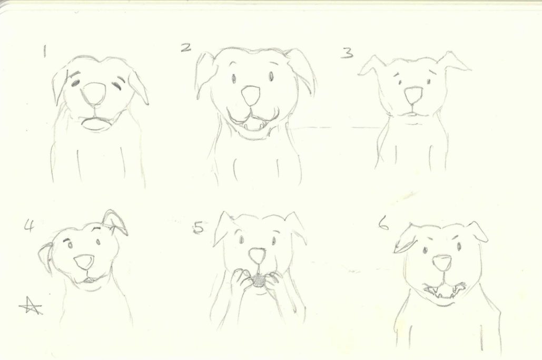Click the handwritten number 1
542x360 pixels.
pos(44,51)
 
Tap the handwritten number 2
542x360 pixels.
pos(186,47)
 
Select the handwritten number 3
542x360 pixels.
pos(347,53)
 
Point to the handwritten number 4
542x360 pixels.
pos(29,226)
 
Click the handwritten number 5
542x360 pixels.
pos(199,228)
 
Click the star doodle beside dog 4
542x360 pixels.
pos(31,306)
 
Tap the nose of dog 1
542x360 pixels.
pos(94,93)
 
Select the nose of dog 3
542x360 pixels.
pos(413,95)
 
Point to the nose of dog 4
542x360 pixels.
pos(84,262)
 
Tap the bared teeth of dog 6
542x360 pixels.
pos(444,290)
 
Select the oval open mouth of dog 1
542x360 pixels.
pos(95,124)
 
